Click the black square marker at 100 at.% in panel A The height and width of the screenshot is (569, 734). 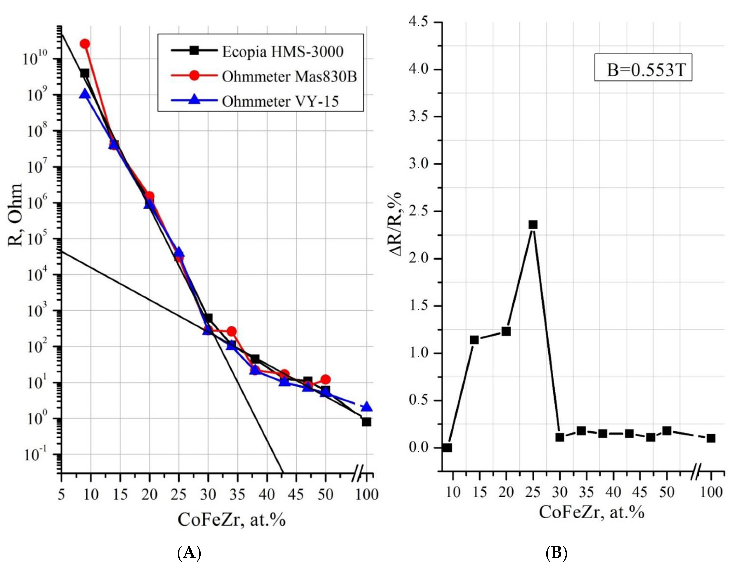pyautogui.click(x=366, y=422)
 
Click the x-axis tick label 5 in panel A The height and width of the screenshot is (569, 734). pyautogui.click(x=61, y=494)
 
